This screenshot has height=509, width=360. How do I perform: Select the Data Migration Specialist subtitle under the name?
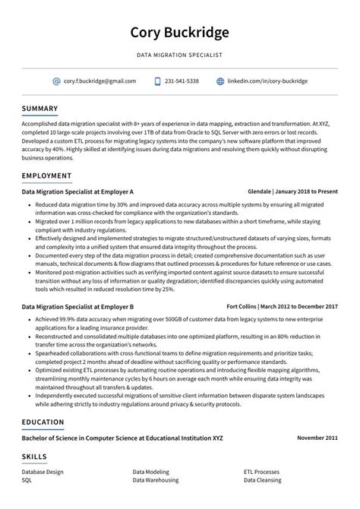[x=180, y=55]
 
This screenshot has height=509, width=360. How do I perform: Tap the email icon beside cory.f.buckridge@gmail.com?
[x=56, y=81]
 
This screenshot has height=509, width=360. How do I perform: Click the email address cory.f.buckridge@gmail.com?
[x=99, y=81]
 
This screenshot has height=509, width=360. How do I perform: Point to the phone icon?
[x=157, y=81]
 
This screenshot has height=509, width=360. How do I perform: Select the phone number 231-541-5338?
[x=182, y=81]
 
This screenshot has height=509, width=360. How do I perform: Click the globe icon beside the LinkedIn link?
[x=220, y=81]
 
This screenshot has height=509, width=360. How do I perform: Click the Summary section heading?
[x=39, y=109]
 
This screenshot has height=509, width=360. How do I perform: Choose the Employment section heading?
[x=46, y=175]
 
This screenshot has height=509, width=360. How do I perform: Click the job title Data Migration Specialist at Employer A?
[x=77, y=192]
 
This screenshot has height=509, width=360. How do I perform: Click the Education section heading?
[x=43, y=422]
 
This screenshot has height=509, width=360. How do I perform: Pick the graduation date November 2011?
[x=317, y=438]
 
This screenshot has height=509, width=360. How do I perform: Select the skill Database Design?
[x=44, y=472]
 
